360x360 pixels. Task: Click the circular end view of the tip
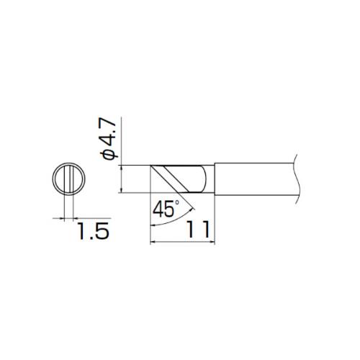coord(70,178)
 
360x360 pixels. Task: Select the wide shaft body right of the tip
coord(252,178)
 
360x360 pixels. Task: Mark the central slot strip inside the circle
coord(70,178)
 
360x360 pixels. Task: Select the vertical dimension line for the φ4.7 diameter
coord(122,178)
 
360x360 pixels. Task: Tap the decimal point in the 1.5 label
coord(91,239)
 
